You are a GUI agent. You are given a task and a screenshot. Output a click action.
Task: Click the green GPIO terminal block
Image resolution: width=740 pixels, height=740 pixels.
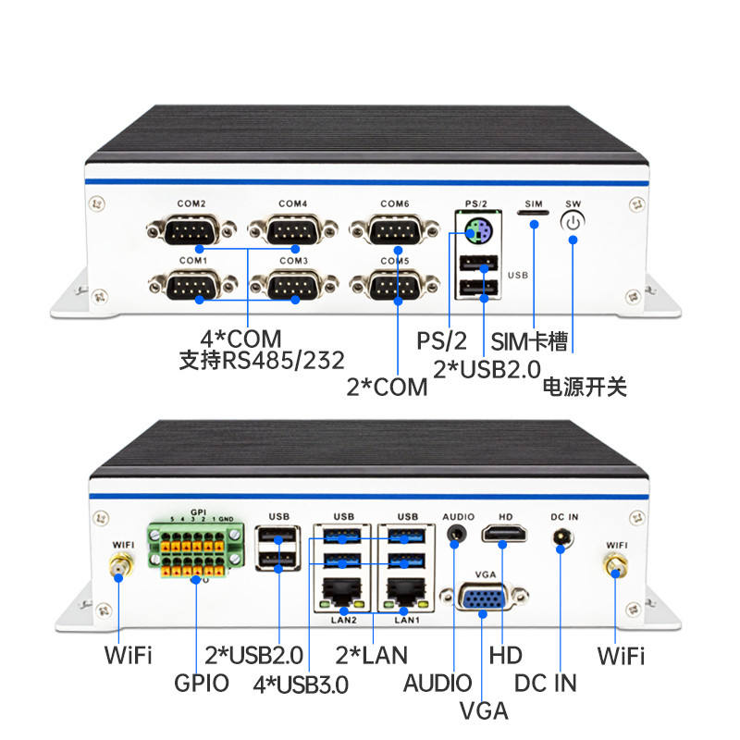coord(196,552)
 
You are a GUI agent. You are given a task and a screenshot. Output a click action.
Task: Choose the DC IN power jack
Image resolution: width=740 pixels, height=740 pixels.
coord(561,539)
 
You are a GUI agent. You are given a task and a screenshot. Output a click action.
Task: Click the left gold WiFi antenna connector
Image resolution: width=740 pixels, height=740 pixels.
coord(118,567)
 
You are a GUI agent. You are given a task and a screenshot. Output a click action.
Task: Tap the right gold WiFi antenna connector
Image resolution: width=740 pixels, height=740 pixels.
coord(614,567)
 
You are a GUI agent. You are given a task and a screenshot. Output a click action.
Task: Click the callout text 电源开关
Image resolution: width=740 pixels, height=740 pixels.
coord(585,386)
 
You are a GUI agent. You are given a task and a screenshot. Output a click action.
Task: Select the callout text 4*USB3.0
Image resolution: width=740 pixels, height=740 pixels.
coord(302,684)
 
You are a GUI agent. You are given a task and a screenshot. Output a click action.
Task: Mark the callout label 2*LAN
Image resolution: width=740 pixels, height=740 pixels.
coord(373,655)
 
